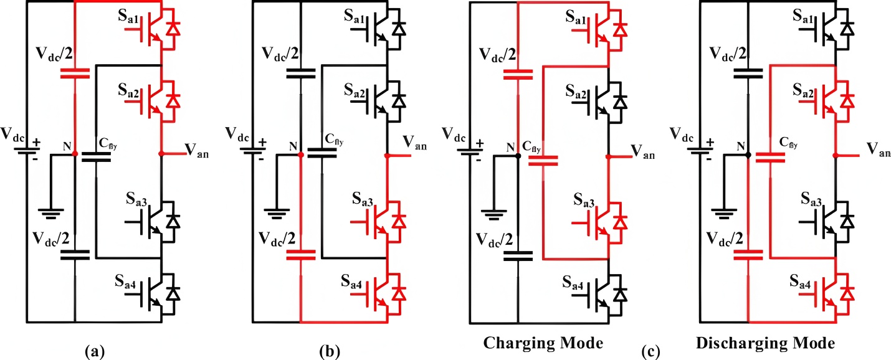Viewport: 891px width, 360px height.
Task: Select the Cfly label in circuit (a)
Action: tap(108, 146)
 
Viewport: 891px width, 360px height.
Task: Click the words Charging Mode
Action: tap(543, 343)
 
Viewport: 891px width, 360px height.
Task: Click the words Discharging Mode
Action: tap(765, 343)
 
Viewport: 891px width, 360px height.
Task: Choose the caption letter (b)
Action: tap(329, 351)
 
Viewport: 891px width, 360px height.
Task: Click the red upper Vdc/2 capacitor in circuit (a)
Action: tap(74, 74)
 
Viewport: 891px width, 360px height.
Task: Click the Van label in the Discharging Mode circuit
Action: tap(879, 149)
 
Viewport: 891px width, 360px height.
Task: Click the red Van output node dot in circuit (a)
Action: tap(161, 153)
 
